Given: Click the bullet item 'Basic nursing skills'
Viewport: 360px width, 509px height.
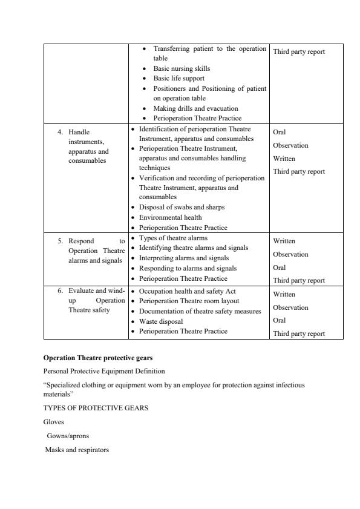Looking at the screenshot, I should [182, 68].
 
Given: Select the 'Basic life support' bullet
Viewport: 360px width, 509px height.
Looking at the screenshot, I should [178, 78].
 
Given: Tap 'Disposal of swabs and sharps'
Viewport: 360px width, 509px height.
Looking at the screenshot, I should [182, 207].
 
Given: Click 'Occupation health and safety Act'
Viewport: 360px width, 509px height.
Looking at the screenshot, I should [188, 291].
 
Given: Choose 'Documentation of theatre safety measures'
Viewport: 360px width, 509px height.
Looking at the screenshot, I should [200, 311].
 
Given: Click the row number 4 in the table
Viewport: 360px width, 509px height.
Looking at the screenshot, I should [60, 131].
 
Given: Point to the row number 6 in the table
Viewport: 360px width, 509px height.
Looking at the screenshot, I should [60, 291].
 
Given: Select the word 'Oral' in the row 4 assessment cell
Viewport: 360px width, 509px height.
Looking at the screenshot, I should [280, 132].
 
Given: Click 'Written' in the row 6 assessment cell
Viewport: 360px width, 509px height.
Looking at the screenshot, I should [284, 294].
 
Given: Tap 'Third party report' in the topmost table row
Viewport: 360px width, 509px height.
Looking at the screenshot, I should [299, 51].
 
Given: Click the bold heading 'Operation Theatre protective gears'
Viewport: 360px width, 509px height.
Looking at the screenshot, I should [98, 358].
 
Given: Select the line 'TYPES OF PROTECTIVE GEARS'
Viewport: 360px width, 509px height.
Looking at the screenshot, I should [96, 408].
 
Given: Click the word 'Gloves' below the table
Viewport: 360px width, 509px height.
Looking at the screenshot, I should [53, 422].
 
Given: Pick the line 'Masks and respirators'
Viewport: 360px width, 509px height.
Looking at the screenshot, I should [77, 449].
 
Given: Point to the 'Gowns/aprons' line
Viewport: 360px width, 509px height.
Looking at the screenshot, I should [67, 436].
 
